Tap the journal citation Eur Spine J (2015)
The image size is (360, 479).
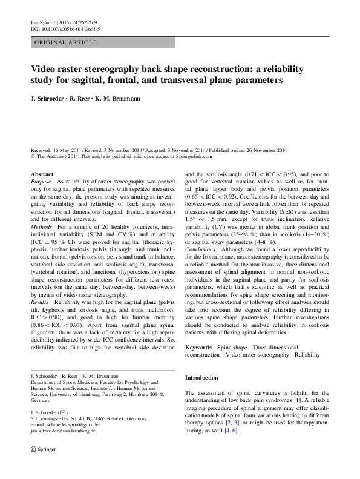click(55, 22)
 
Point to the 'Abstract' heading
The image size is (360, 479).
click(42, 174)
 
